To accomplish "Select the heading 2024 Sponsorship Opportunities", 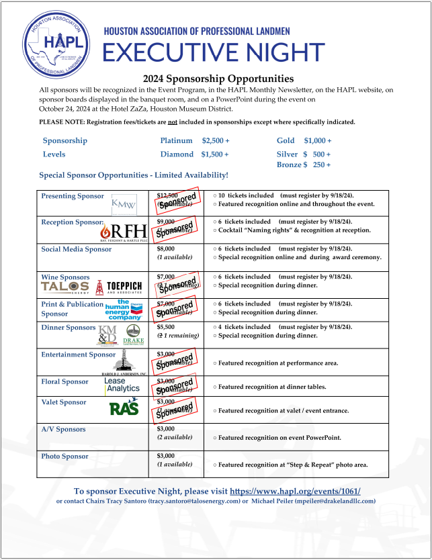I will click(x=219, y=79).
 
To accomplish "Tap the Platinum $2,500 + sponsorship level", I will click(x=195, y=140).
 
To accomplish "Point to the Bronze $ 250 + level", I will click(x=304, y=165).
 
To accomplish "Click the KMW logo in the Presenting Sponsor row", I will click(x=124, y=204).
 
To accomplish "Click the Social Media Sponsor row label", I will click(x=77, y=249).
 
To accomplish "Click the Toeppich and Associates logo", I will click(x=120, y=287).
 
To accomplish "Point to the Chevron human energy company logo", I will click(x=123, y=310).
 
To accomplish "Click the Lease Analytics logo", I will click(x=122, y=385).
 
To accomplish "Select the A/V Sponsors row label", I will click(x=63, y=429).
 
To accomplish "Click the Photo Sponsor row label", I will click(x=64, y=456).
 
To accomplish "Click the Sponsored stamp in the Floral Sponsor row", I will click(x=176, y=385).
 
